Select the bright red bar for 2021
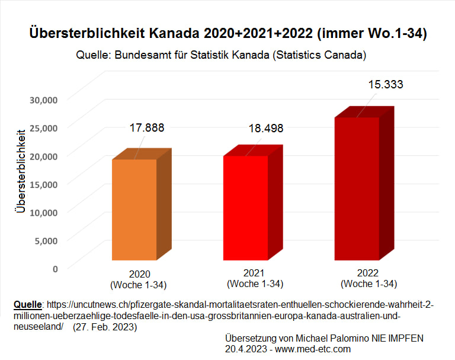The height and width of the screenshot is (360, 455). point(245,208)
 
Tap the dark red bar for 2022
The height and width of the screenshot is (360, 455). point(357,189)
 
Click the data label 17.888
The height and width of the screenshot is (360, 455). point(147,128)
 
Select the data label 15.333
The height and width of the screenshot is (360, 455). point(385,84)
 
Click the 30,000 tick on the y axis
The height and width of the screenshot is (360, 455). point(43,100)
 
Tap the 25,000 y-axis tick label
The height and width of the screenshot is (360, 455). point(43,128)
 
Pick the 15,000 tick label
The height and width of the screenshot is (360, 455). point(43,184)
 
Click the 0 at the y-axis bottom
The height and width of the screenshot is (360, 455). point(55,268)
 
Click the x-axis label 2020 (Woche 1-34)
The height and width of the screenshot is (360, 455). point(139,279)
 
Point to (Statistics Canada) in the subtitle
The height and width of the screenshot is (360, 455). point(321,56)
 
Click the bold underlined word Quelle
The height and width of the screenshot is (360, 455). point(27,305)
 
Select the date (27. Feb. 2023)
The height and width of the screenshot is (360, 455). point(105,327)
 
